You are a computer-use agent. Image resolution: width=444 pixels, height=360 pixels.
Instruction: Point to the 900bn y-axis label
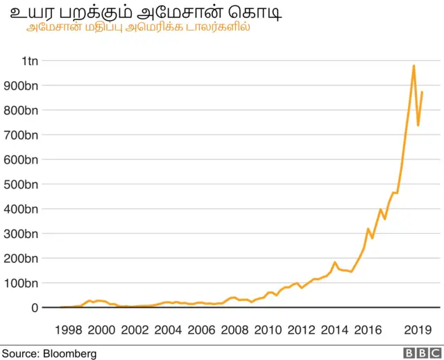pyautogui.click(x=21, y=85)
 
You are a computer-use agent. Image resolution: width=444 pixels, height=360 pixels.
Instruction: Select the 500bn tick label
pyautogui.click(x=21, y=184)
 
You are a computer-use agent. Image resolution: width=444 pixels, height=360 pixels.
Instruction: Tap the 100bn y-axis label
pyautogui.click(x=21, y=283)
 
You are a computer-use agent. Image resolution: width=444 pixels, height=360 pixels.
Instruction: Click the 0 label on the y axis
pyautogui.click(x=35, y=307)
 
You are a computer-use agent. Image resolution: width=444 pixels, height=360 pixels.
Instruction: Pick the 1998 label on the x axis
pyautogui.click(x=69, y=329)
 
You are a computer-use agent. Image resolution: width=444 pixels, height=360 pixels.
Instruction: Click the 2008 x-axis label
pyautogui.click(x=235, y=329)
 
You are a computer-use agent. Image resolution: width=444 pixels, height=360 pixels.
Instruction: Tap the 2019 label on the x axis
pyautogui.click(x=418, y=329)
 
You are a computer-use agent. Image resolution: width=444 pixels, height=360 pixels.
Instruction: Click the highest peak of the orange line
pyautogui.click(x=413, y=66)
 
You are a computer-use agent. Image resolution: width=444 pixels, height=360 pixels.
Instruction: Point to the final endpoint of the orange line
pyautogui.click(x=422, y=92)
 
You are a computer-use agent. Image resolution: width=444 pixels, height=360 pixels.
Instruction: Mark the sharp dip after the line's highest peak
pyautogui.click(x=418, y=125)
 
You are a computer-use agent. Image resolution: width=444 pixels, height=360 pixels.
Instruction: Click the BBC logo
pyautogui.click(x=418, y=353)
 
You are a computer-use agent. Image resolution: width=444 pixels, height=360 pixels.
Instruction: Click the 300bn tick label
pyautogui.click(x=21, y=234)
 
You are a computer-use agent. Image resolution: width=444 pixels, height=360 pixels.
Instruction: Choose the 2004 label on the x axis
pyautogui.click(x=169, y=329)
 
